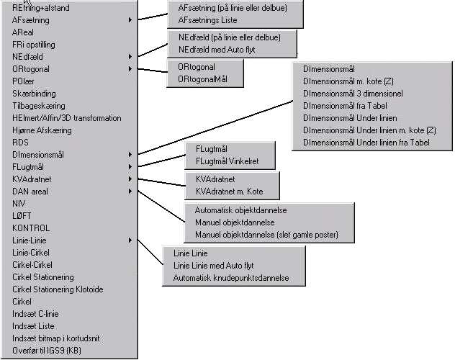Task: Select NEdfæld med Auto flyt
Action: (216, 49)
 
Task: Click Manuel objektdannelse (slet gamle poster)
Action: (266, 235)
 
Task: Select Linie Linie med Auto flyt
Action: (213, 266)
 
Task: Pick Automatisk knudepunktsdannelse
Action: (230, 278)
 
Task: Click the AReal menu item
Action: (22, 32)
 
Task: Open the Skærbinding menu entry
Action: (34, 94)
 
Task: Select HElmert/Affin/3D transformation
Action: (67, 118)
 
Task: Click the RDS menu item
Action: (20, 143)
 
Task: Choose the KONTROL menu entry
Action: (31, 228)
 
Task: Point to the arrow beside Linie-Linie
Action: (130, 240)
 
